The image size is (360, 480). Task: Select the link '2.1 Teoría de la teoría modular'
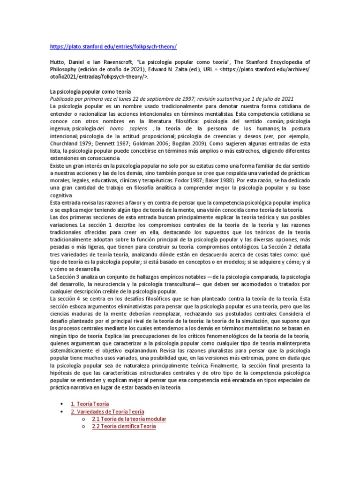[x=129, y=419]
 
